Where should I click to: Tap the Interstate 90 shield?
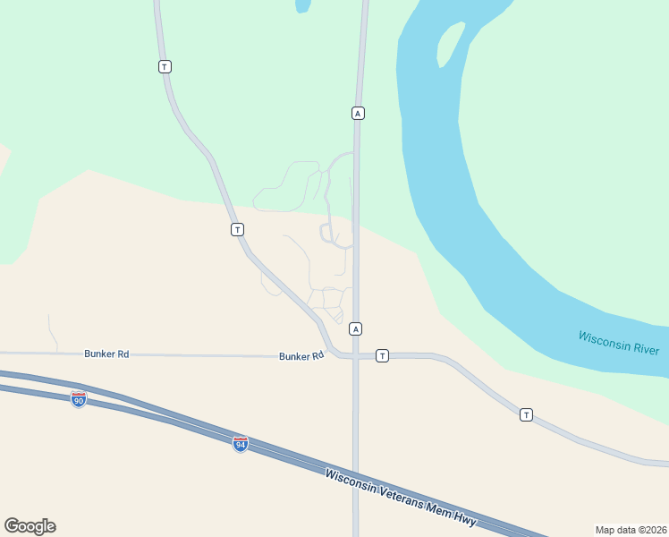(x=79, y=399)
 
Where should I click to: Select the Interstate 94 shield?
(x=240, y=444)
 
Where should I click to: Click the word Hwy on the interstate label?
(x=464, y=519)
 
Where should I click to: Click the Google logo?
(x=30, y=526)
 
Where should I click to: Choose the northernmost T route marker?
(x=165, y=67)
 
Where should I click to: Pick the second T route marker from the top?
(x=237, y=230)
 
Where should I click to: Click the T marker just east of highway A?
(x=382, y=356)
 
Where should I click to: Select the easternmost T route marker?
(x=526, y=414)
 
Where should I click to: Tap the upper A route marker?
(x=358, y=113)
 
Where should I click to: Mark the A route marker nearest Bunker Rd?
(x=356, y=328)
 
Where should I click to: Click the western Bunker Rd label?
(x=106, y=354)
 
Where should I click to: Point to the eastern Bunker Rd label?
(x=301, y=356)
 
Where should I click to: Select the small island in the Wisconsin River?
(x=452, y=43)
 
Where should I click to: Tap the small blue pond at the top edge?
(x=302, y=5)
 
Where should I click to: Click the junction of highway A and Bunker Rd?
(x=355, y=356)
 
